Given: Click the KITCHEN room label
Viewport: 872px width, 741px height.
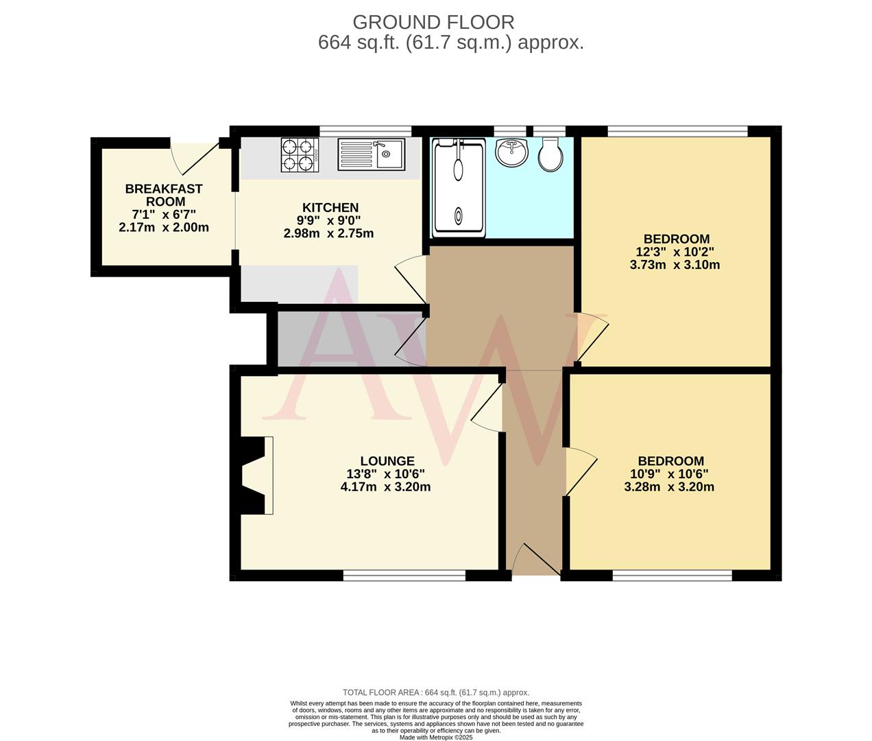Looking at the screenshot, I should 330,208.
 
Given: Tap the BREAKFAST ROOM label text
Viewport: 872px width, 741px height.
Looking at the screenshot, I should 164,195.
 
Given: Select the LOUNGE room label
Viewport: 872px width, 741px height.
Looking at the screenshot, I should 387,461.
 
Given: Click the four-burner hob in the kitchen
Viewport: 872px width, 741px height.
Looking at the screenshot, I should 300,154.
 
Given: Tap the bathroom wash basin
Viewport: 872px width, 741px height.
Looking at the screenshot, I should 511,152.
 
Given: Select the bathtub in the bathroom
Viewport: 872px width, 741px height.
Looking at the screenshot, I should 457,187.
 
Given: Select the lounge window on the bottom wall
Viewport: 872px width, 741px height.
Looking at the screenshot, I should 404,576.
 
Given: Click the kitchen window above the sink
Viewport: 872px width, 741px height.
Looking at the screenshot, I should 365,130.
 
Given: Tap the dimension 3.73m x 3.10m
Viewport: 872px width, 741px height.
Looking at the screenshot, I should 675,265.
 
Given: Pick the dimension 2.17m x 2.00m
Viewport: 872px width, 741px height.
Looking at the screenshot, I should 164,227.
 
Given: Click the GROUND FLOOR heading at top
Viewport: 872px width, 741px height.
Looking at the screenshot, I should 433,23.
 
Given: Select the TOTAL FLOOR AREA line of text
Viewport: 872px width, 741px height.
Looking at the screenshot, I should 436,692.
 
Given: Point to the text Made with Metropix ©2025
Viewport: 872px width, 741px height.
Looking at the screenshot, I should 436,737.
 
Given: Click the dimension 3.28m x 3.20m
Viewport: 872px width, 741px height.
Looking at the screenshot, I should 669,487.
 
